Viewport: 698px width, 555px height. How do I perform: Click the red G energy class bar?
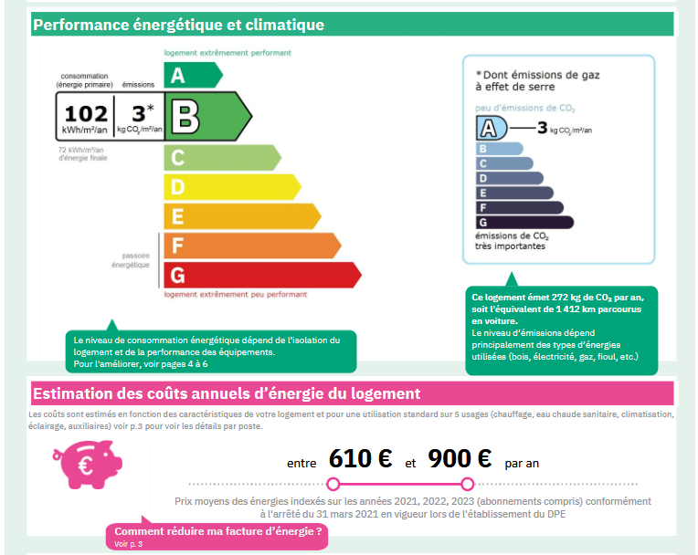pos(260,275)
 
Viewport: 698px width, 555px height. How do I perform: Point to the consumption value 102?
pos(86,114)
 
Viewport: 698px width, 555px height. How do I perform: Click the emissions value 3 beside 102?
pos(139,113)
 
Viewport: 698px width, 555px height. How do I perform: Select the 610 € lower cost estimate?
pos(361,459)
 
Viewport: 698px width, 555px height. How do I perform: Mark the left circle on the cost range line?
pos(333,483)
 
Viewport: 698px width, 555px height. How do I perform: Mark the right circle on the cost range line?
pos(468,483)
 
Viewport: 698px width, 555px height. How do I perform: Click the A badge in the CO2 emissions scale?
pos(492,129)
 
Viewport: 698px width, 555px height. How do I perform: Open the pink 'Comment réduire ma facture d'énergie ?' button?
pos(217,537)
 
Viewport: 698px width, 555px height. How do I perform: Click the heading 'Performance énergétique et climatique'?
pos(179,25)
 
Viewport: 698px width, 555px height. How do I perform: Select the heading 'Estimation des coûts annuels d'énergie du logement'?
pos(227,393)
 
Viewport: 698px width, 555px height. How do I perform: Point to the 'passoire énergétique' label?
pos(130,260)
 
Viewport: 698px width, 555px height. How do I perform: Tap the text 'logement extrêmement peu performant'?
pos(235,295)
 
